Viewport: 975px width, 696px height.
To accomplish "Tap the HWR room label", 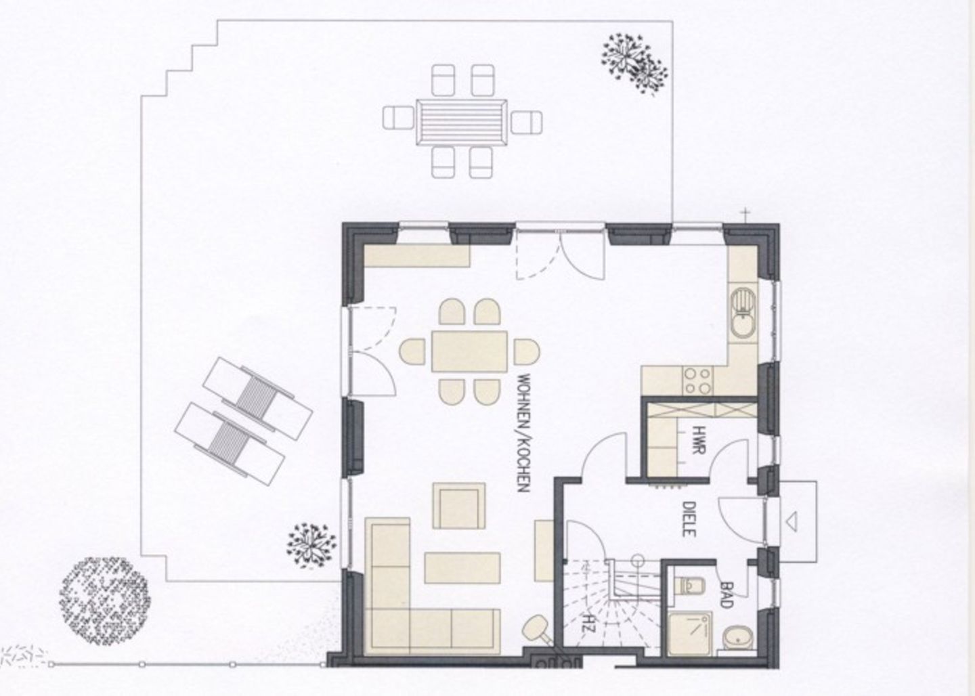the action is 698,440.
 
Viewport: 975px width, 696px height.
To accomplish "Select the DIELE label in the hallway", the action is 689,519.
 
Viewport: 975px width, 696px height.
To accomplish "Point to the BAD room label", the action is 726,595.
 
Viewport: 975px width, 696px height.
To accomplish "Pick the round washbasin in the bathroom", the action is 737,639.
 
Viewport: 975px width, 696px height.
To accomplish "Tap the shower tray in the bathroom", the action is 691,633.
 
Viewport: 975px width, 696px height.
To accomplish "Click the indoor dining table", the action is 469,351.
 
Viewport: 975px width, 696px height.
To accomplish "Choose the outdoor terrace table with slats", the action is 461,123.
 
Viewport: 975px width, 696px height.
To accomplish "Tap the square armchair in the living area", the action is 459,506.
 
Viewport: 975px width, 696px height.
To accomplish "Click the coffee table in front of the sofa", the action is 462,567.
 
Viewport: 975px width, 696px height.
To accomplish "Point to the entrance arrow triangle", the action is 792,521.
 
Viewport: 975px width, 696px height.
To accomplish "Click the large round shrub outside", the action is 104,601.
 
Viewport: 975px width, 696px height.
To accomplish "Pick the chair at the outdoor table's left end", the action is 398,118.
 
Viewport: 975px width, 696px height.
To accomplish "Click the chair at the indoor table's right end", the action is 527,351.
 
